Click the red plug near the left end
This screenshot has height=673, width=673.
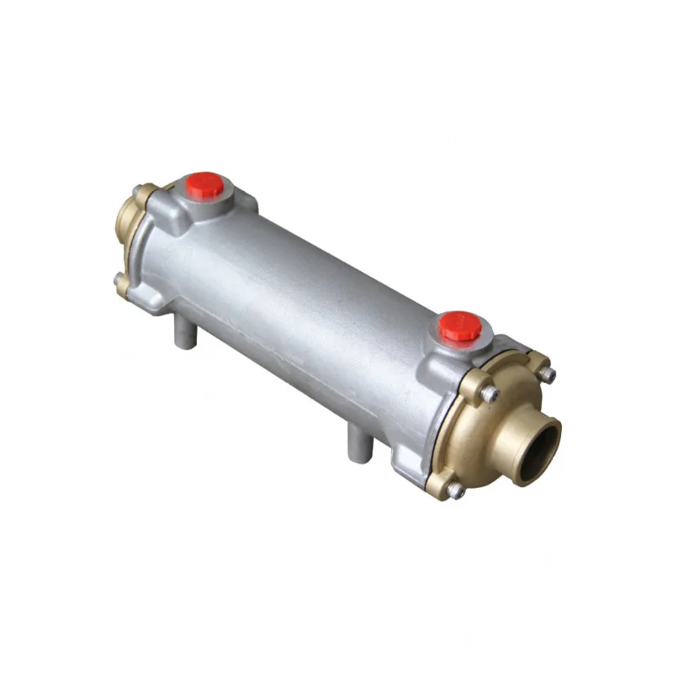tap(205, 183)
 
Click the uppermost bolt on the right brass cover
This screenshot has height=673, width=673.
tap(548, 374)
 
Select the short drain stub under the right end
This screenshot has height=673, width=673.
tap(358, 443)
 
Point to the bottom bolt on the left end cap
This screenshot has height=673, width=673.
tap(118, 278)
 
